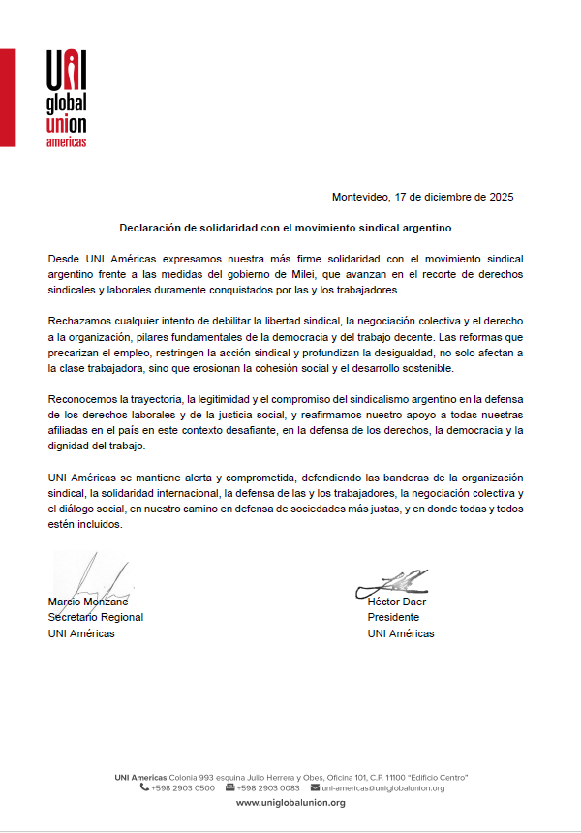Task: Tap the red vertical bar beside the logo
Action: pyautogui.click(x=7, y=97)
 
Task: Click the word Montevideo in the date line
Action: pyautogui.click(x=360, y=197)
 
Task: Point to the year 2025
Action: pyautogui.click(x=501, y=197)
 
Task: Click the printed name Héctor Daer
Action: pyautogui.click(x=397, y=602)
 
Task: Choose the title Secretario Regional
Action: pyautogui.click(x=96, y=617)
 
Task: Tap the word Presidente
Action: pyautogui.click(x=393, y=617)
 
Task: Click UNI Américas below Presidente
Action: pyautogui.click(x=401, y=633)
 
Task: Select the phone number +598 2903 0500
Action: pyautogui.click(x=183, y=787)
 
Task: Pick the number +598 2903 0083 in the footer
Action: pyautogui.click(x=268, y=787)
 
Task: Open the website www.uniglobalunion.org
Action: pyautogui.click(x=290, y=803)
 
